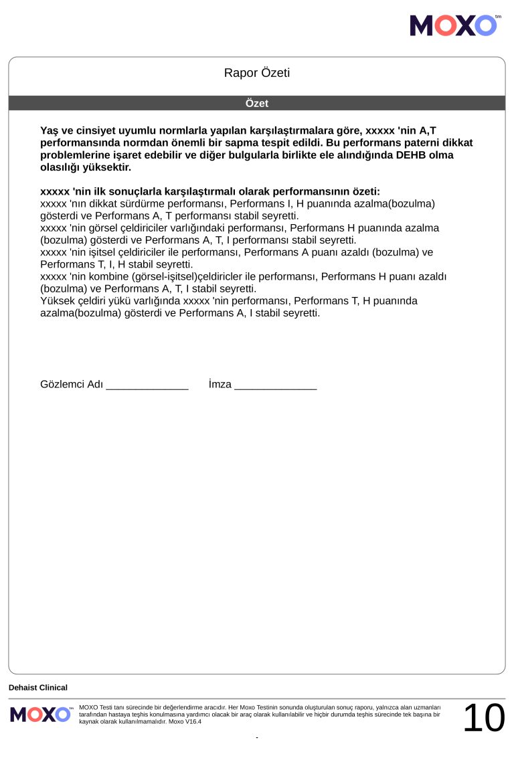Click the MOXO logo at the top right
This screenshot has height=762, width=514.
point(454,25)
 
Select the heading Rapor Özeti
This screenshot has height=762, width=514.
point(257,73)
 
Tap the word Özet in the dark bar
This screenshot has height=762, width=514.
point(257,104)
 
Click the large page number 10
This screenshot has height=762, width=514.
point(483,718)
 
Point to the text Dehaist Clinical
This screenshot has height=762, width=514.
point(38,688)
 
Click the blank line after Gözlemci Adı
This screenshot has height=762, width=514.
point(147,385)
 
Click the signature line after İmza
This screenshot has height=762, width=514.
point(275,385)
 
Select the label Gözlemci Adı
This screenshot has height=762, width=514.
point(72,385)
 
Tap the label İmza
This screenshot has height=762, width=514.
point(220,385)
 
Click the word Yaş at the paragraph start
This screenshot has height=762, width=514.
point(50,130)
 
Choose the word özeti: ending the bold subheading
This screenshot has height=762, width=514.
point(365,191)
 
